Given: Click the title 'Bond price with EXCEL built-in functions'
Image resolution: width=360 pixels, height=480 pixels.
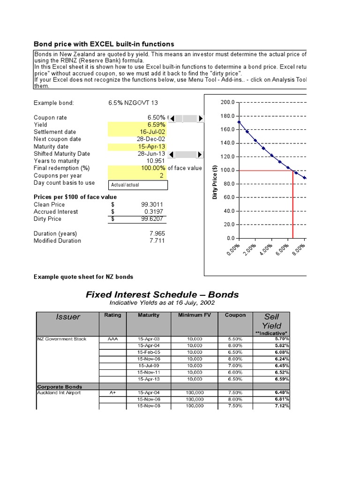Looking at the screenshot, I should point(104,44).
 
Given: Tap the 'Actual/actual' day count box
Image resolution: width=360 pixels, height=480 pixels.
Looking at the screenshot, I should point(137,185).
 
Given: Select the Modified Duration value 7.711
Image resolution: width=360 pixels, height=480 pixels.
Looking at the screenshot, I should point(157,240).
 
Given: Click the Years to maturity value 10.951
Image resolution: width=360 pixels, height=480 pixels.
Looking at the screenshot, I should point(156,161).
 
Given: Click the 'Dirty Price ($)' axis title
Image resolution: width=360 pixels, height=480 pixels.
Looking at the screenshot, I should point(215,183).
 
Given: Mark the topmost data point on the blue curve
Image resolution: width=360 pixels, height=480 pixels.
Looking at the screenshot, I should point(239,122).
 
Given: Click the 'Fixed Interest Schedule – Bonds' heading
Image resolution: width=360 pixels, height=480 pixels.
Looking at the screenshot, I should point(162,294).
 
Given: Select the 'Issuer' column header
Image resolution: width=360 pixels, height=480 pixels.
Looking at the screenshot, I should point(68,317).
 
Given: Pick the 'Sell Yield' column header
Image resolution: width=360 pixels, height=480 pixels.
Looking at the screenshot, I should point(271,321).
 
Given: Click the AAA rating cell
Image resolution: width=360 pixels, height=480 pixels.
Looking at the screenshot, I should point(112,339).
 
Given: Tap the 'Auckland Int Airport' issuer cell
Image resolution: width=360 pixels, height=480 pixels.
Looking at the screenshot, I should point(59,392).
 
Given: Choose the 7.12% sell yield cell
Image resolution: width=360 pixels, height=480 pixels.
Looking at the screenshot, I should point(282,406).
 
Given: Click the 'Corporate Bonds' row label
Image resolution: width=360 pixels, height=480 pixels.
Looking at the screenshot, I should point(60,387).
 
